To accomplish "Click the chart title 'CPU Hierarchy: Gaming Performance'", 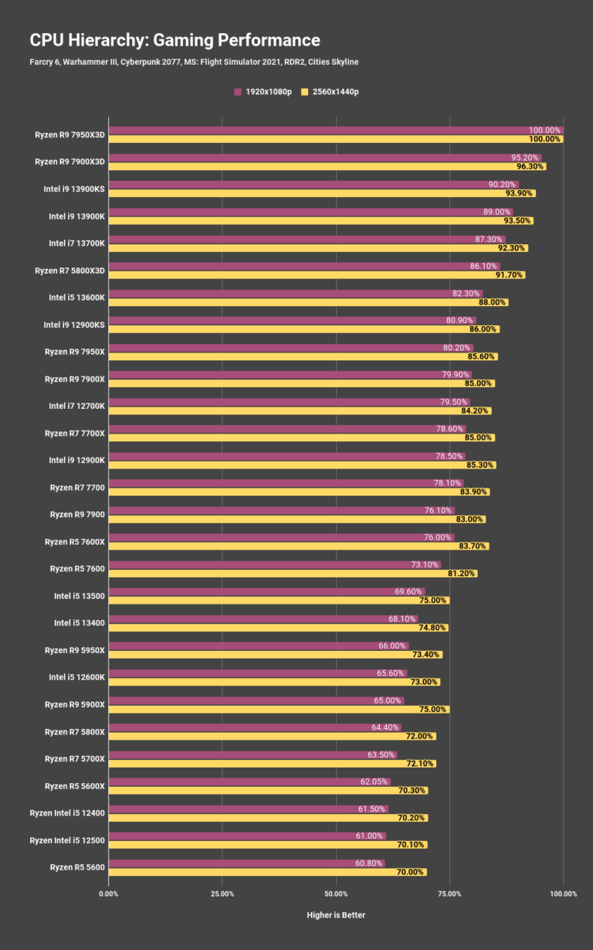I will pos(175,40).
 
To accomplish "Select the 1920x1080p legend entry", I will pos(263,92).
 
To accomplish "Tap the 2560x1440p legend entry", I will pos(330,92).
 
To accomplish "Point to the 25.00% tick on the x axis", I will pos(222,894).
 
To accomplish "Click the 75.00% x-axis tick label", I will pos(449,894).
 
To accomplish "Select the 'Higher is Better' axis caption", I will pos(336,915).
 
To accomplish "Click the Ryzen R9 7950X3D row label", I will pos(69,134).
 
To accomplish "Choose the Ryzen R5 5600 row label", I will pos(77,867).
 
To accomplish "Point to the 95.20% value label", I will pos(525,158).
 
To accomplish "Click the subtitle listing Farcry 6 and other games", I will pos(194,62).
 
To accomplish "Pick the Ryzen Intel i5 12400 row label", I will pos(67,813).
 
